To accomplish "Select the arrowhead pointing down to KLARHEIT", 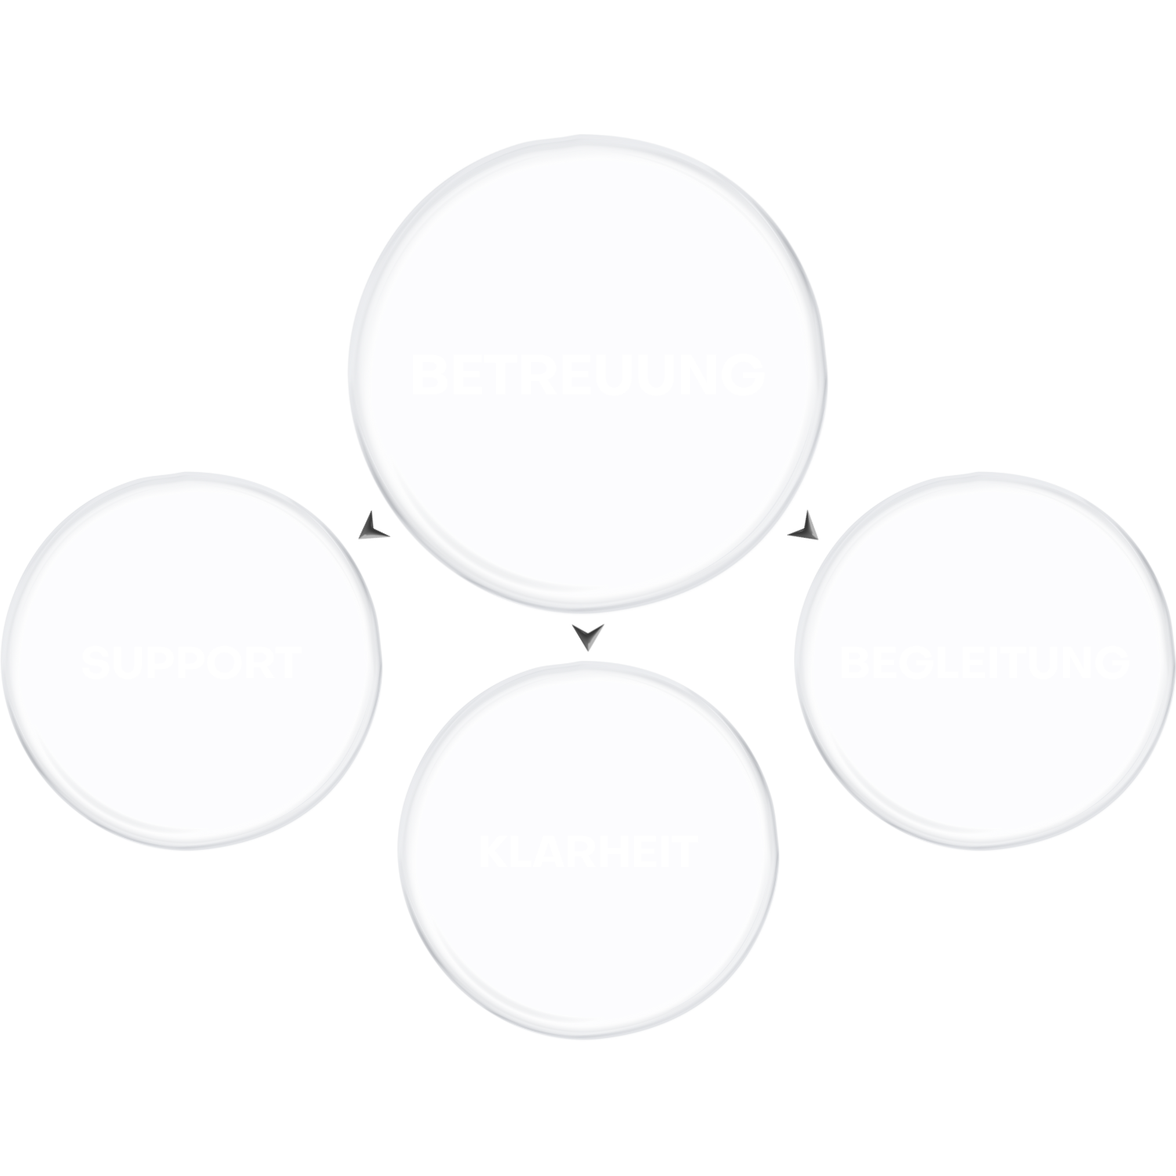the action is [x=588, y=637].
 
